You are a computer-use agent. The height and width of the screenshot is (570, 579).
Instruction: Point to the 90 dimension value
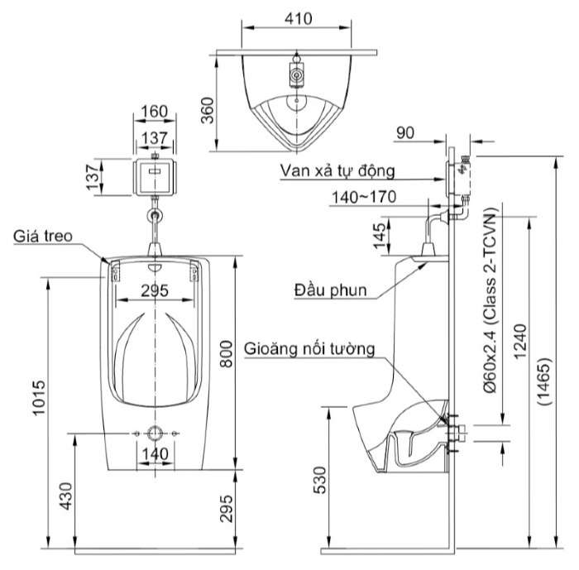coord(407,132)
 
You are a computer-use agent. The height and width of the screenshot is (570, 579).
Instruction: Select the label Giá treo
coord(42,237)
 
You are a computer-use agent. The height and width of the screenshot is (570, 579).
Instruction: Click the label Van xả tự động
coord(337,171)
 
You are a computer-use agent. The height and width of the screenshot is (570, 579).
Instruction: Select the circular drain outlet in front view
coord(154,433)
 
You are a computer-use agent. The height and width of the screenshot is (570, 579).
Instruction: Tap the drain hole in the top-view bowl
coord(295,105)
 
